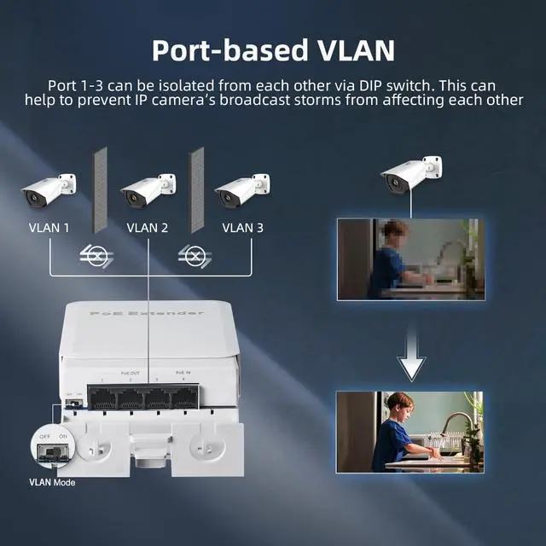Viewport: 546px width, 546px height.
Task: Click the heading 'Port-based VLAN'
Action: pos(273,49)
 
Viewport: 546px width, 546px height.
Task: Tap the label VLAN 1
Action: pos(49,228)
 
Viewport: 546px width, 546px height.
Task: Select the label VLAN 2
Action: pos(147,228)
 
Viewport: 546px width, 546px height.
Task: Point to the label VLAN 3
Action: pos(242,228)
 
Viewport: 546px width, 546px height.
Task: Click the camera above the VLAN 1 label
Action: pos(48,190)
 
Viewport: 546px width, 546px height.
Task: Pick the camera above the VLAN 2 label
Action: pos(147,190)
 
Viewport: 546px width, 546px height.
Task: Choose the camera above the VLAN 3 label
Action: pos(241,190)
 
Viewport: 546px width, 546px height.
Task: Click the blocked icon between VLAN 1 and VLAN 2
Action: pos(96,255)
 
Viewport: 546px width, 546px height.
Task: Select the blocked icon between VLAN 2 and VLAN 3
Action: pos(195,255)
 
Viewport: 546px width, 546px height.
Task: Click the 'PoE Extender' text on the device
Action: pos(147,314)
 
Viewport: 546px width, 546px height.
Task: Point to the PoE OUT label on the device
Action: pos(130,373)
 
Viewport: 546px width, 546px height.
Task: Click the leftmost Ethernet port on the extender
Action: pos(103,397)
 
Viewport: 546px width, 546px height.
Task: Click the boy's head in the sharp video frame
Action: pos(398,404)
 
